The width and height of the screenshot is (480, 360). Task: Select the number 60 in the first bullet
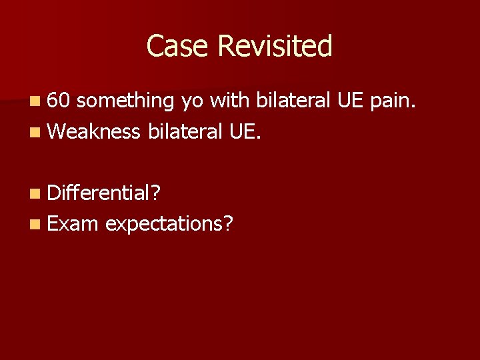(59, 101)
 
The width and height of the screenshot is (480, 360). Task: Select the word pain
(394, 101)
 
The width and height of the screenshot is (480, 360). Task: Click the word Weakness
(94, 131)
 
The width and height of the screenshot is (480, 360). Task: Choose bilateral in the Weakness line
(185, 131)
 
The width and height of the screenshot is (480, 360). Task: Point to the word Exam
(73, 223)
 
